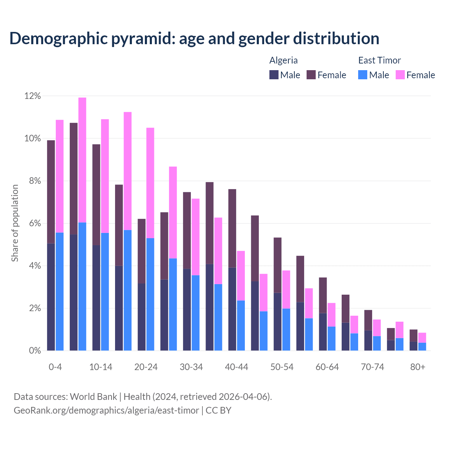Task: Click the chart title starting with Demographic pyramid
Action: point(194,39)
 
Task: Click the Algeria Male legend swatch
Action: point(274,75)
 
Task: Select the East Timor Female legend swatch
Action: point(400,75)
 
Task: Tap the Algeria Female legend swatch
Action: point(311,75)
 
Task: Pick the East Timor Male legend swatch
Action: point(363,75)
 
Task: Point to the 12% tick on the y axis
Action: point(33,96)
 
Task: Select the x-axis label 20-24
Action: point(146,367)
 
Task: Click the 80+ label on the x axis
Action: point(418,367)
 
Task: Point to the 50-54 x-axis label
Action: point(282,367)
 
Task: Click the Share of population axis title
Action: point(15,223)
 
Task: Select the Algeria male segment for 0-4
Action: point(51,297)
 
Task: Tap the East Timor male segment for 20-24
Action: point(150,294)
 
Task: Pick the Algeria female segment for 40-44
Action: point(232,228)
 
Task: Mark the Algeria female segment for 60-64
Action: point(323,295)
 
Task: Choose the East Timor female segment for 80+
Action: point(422,337)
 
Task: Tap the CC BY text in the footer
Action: point(218,410)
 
